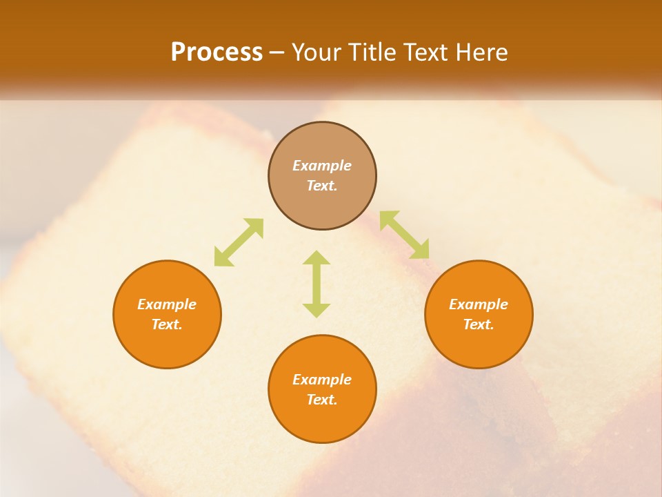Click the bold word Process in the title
217,52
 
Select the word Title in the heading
375,52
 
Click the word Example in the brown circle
322,166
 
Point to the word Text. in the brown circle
322,186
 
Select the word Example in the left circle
167,304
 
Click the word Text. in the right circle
479,324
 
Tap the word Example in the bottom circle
322,380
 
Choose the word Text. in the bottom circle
322,400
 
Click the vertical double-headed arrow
317,284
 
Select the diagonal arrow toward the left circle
239,242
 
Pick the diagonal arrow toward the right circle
404,235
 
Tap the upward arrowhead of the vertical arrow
317,258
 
